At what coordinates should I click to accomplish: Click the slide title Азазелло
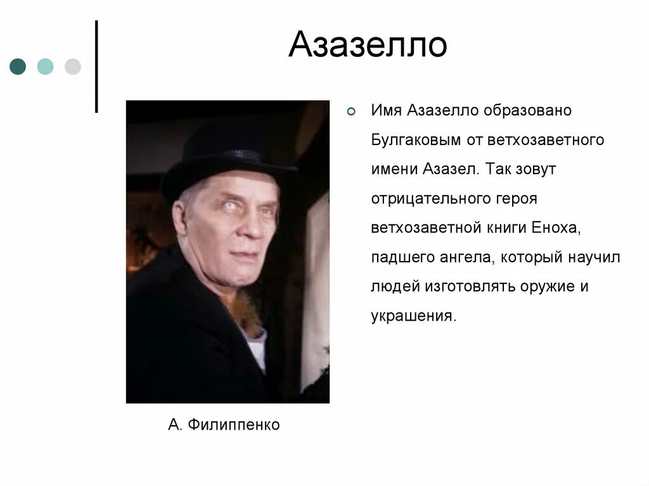[368, 45]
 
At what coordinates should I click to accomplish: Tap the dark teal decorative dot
[18, 67]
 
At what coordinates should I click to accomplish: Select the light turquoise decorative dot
[45, 67]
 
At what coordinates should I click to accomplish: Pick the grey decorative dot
[73, 67]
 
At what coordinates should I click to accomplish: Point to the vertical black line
[96, 67]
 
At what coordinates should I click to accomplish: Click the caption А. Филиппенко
[224, 425]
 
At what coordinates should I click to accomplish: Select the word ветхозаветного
[546, 140]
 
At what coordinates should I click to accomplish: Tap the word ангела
[468, 257]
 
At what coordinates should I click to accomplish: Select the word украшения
[413, 316]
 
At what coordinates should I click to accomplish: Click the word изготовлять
[462, 286]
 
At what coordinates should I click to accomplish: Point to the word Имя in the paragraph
[386, 111]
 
